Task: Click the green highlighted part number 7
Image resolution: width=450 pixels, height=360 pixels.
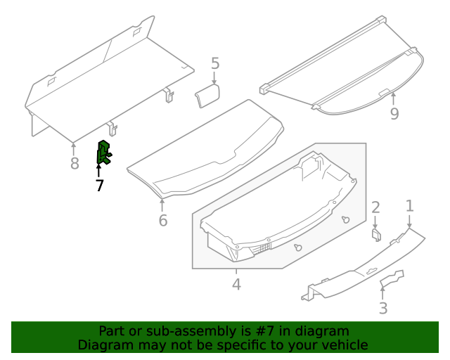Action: click(103, 153)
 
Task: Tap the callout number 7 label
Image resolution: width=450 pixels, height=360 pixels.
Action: click(99, 186)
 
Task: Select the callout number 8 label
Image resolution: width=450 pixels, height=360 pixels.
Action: click(75, 165)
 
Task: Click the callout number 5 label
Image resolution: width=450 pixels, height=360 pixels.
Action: click(215, 64)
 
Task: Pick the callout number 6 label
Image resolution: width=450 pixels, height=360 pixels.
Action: click(162, 221)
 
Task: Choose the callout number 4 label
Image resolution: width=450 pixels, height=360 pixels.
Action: click(236, 285)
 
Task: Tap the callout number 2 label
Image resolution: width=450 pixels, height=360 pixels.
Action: click(375, 207)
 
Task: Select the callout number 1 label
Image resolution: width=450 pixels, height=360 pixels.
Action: click(409, 206)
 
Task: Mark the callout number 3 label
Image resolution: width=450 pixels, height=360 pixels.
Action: click(382, 308)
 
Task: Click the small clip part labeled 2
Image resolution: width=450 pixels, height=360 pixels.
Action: click(376, 234)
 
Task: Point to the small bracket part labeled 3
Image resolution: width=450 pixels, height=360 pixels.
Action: click(392, 279)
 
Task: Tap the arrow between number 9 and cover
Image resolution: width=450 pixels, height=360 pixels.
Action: click(394, 98)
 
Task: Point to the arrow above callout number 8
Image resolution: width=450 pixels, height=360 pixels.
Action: click(75, 148)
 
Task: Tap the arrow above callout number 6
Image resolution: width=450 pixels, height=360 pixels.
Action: click(162, 205)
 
